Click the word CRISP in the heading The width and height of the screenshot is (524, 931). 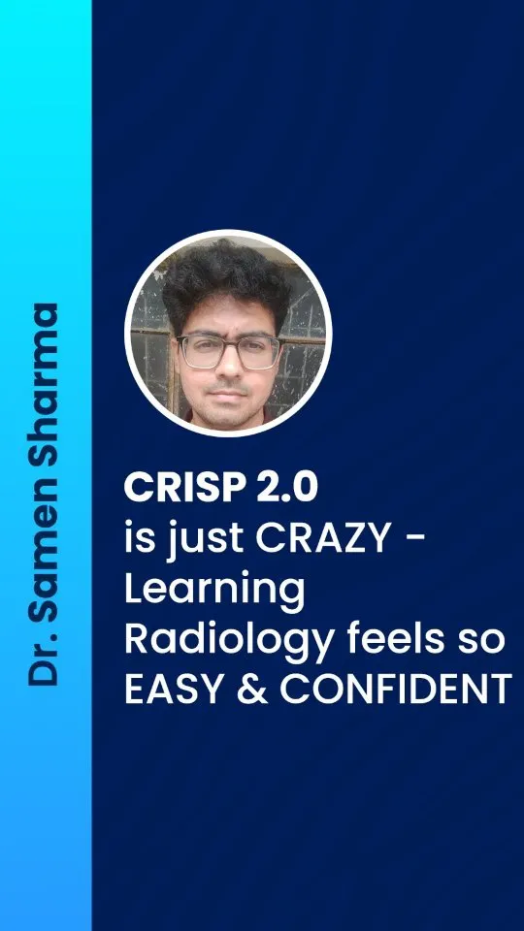pyautogui.click(x=180, y=488)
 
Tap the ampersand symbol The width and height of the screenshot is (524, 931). pyautogui.click(x=252, y=689)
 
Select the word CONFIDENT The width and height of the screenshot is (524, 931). pyautogui.click(x=395, y=689)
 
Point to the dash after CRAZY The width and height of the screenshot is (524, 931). pyautogui.click(x=417, y=540)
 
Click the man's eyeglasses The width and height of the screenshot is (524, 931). pyautogui.click(x=229, y=351)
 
